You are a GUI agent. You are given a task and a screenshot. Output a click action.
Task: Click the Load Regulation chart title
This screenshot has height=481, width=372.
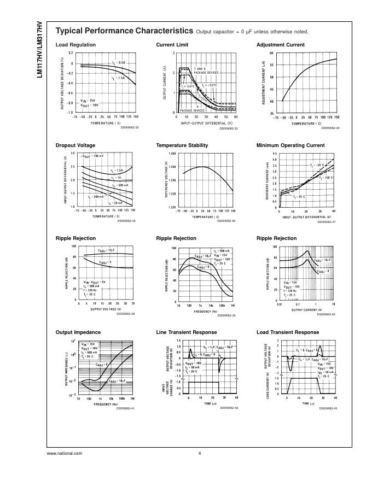[x=75, y=45]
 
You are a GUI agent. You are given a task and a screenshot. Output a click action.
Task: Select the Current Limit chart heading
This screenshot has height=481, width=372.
[x=173, y=45]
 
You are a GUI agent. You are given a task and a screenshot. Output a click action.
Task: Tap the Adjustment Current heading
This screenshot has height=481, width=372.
[x=281, y=45]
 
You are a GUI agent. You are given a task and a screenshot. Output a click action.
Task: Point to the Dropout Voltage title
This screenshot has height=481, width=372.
[x=75, y=145]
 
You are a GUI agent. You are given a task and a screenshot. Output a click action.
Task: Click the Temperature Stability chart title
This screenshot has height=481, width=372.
[x=182, y=145]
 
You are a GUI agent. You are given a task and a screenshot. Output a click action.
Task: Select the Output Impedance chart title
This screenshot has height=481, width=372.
[x=78, y=332]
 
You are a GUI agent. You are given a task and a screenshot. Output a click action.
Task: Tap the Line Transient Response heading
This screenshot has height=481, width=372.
[x=186, y=332]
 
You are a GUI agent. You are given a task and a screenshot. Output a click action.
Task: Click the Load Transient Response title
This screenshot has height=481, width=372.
[x=287, y=332]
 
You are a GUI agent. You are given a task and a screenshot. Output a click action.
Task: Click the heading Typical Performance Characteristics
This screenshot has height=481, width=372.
[x=124, y=31]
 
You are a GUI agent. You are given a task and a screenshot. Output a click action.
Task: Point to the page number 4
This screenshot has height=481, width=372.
[x=200, y=453]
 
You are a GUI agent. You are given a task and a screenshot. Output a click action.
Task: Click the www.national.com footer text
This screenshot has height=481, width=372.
[x=65, y=453]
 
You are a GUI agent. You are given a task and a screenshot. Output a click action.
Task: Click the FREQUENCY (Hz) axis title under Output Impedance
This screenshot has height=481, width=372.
[x=106, y=404]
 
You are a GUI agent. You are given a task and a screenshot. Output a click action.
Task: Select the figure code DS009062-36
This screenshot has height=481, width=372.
[x=226, y=221]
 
